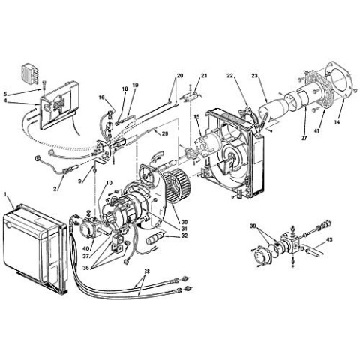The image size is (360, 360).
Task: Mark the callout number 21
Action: pyautogui.click(x=203, y=76)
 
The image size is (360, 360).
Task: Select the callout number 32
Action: pyautogui.click(x=184, y=236)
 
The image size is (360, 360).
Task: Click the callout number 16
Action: pyautogui.click(x=101, y=97)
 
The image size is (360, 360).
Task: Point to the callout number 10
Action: pyautogui.click(x=109, y=184)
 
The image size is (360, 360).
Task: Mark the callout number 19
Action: pyautogui.click(x=136, y=85)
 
